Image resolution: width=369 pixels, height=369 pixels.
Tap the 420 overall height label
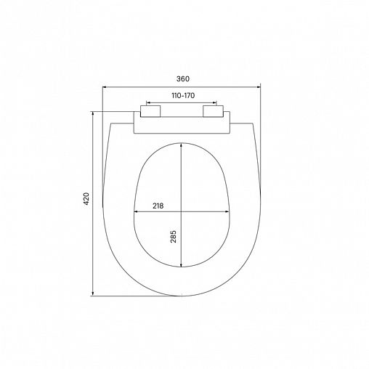(86, 199)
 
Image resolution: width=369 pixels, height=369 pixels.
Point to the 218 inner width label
(158, 206)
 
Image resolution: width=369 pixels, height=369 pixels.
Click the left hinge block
(150, 113)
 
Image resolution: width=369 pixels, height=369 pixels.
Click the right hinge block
(214, 113)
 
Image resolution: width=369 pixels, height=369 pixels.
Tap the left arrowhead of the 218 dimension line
(137, 212)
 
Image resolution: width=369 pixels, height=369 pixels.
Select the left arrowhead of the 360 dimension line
(103, 85)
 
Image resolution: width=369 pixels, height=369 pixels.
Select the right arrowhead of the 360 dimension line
(259, 85)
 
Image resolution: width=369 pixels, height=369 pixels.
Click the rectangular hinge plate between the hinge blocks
(182, 124)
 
